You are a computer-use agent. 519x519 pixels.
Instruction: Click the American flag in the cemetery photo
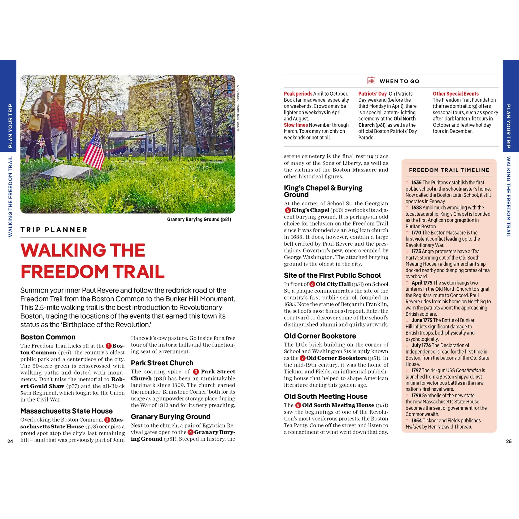[x=94, y=150]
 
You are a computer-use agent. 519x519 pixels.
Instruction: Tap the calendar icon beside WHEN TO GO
[x=371, y=81]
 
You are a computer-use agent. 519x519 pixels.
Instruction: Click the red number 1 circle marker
[x=109, y=346]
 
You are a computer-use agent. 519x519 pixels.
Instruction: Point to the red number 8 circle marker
[x=298, y=405]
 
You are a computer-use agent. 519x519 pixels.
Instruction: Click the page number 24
[x=10, y=441]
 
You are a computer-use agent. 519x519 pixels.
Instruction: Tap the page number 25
[x=509, y=441]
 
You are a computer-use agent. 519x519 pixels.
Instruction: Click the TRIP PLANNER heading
[x=54, y=230]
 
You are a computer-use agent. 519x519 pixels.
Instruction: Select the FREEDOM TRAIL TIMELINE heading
[x=449, y=170]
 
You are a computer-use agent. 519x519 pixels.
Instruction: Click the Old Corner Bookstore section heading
[x=320, y=336]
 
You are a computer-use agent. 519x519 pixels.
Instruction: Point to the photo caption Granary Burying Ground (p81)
[x=199, y=219]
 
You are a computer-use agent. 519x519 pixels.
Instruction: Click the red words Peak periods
[x=298, y=94]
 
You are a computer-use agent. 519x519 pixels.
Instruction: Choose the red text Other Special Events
[x=456, y=94]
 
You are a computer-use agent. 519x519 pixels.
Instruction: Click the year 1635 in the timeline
[x=416, y=183]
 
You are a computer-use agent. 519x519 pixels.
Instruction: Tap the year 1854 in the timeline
[x=416, y=421]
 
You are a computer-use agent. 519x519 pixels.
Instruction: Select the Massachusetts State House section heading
[x=66, y=411]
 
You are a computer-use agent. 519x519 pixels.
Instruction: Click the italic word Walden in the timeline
[x=413, y=427]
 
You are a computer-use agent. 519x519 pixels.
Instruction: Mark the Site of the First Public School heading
[x=332, y=275]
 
